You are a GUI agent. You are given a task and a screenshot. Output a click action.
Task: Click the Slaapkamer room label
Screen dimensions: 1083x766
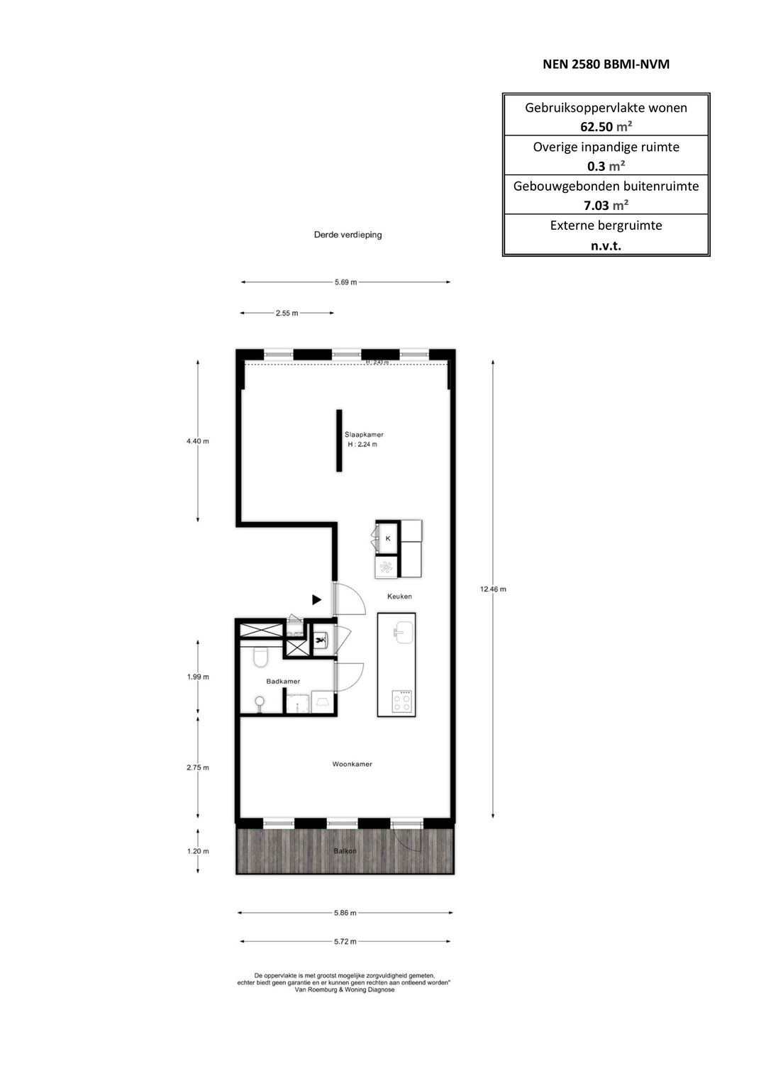pos(364,434)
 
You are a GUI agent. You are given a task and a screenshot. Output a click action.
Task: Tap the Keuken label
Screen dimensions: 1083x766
pos(399,596)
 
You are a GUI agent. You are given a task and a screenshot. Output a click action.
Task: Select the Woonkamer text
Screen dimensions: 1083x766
pos(352,764)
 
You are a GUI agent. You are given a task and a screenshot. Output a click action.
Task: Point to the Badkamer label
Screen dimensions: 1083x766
pos(283,681)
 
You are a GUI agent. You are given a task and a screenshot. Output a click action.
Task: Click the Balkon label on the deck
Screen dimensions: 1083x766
pos(345,850)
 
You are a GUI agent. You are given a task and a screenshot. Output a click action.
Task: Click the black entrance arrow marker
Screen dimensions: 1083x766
pos(317,600)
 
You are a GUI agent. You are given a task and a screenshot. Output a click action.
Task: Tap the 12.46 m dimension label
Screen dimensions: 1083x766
pos(493,589)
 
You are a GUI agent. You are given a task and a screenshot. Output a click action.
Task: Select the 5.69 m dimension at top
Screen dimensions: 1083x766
pos(345,282)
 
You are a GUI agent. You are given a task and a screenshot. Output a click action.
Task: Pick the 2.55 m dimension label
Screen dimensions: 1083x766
pos(287,313)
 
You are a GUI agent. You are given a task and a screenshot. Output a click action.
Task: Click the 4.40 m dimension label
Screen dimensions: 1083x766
pos(198,441)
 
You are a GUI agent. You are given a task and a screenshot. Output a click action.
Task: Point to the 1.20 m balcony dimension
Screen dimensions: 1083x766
pos(198,850)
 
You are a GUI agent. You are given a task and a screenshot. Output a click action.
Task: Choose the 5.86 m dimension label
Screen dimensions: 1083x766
pos(345,913)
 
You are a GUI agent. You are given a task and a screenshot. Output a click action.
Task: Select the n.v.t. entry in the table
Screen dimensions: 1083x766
pos(606,245)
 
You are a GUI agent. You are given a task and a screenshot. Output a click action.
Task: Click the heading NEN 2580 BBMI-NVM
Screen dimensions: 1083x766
pos(606,65)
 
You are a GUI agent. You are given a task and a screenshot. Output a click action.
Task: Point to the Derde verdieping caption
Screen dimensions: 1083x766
pos(348,235)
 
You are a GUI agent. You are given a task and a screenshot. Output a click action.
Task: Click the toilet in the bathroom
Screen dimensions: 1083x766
pos(260,657)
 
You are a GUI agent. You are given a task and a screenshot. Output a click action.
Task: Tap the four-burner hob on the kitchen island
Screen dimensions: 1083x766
pos(402,701)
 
